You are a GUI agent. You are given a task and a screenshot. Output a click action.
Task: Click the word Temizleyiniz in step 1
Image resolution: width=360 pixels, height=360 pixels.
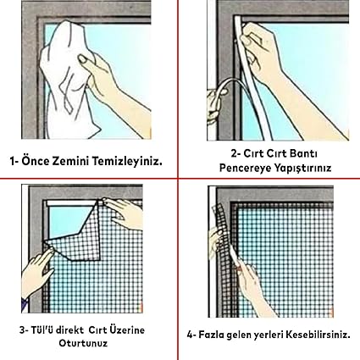[x=127, y=162]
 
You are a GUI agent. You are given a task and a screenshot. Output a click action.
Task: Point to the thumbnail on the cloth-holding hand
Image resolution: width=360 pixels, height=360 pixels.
[x=83, y=58]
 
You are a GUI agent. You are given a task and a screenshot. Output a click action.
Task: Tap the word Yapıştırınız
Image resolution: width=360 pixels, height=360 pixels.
[x=303, y=169]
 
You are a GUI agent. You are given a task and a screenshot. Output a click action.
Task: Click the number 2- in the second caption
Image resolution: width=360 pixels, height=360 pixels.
[x=236, y=154]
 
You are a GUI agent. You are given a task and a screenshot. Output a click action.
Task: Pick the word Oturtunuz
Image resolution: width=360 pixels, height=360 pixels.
[x=83, y=343]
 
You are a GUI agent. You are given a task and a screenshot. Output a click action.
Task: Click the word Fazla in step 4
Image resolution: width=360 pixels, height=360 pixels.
[x=212, y=335]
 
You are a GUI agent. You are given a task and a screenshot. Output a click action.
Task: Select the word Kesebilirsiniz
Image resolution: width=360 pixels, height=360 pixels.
[x=318, y=335]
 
